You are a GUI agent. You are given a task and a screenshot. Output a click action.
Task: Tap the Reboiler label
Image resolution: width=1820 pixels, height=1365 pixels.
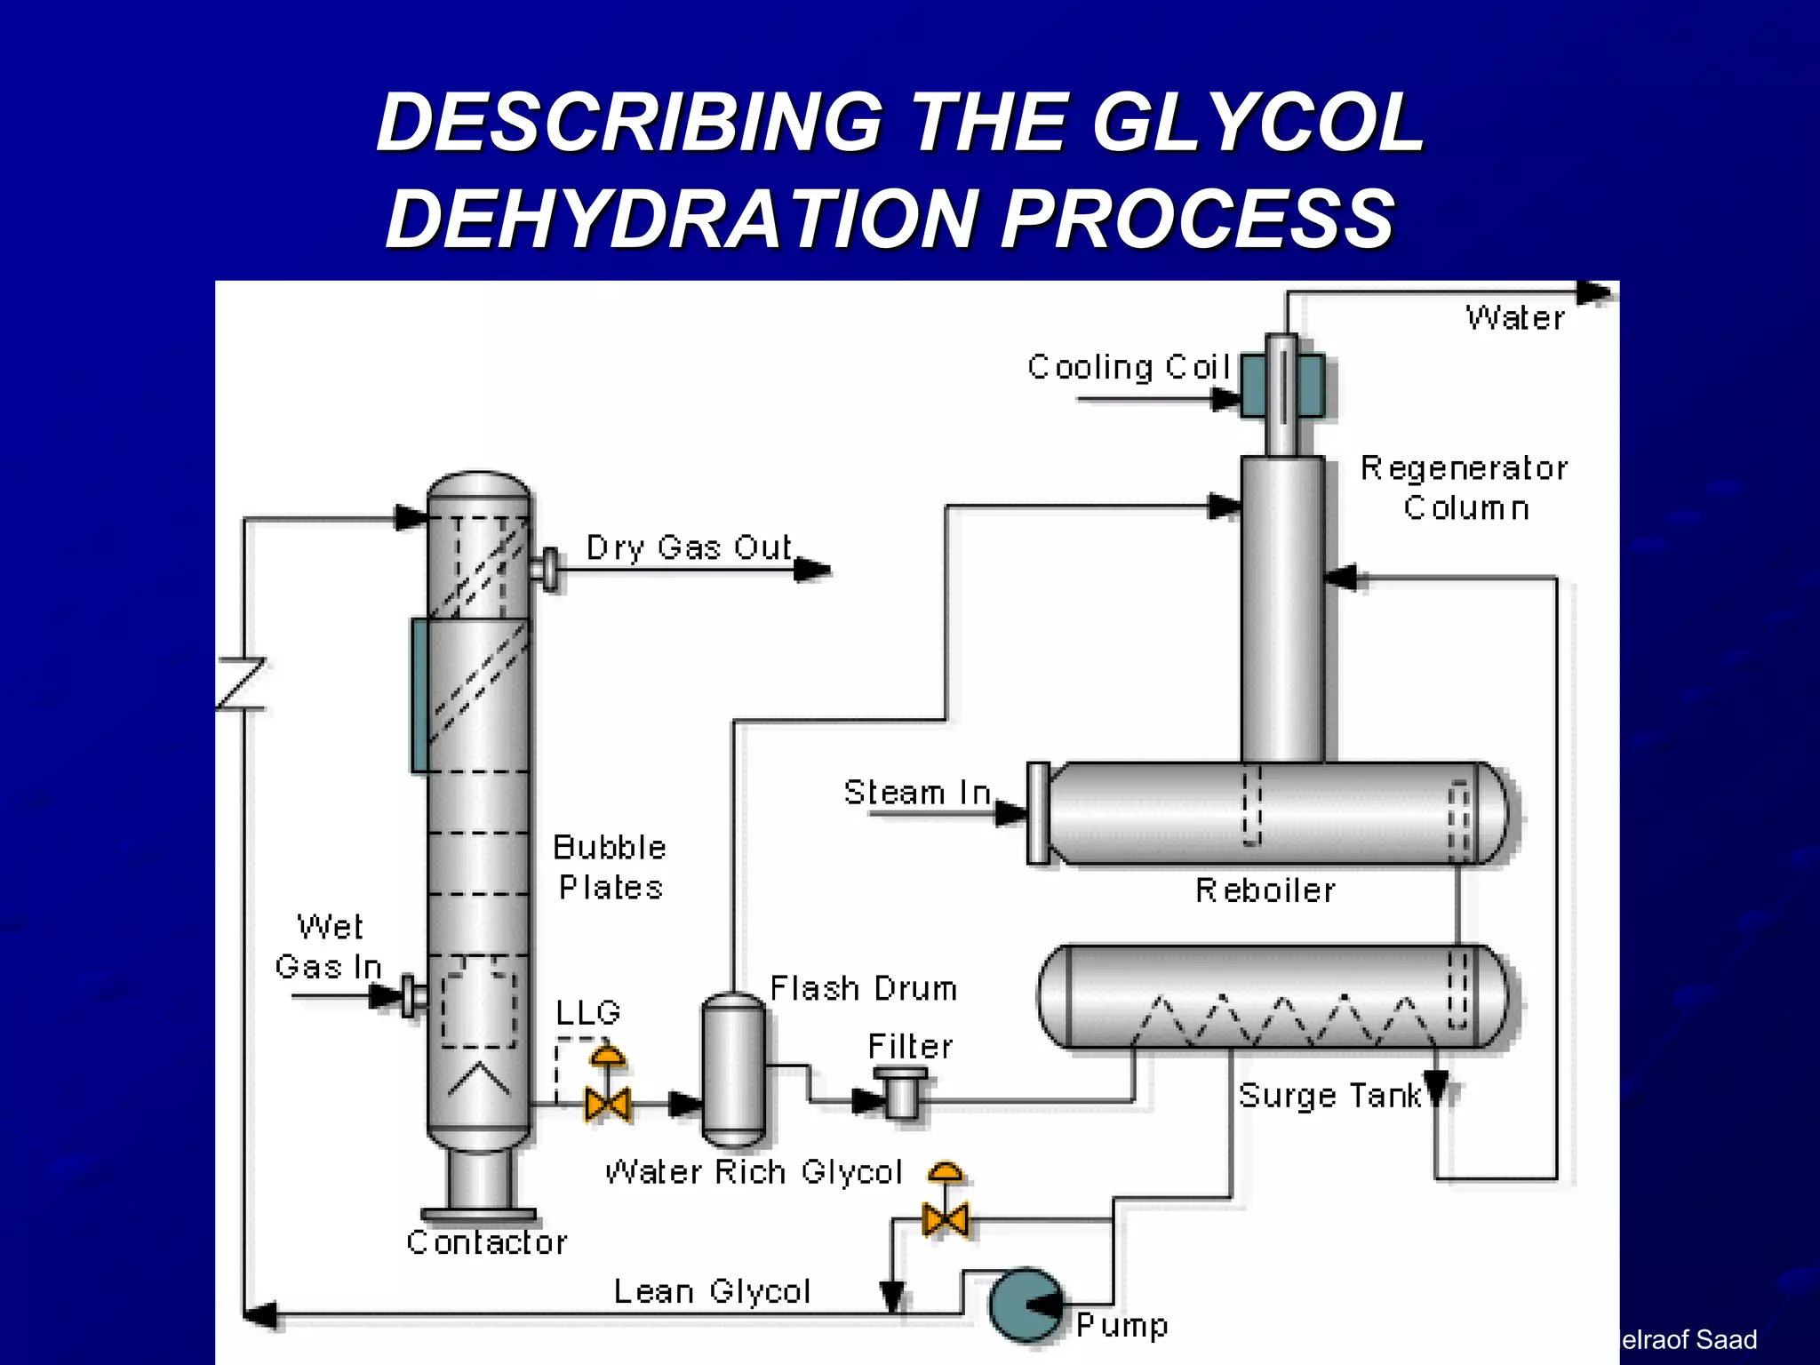coord(1265,890)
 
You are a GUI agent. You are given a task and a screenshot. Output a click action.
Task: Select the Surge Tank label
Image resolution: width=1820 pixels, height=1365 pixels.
coord(1329,1096)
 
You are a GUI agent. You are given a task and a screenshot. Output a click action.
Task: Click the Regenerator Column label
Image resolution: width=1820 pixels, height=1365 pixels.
coord(1465,488)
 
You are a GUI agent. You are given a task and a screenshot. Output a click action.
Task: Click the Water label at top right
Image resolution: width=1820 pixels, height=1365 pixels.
coord(1515,318)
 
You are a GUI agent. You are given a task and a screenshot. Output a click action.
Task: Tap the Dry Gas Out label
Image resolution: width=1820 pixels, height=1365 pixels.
coord(689,547)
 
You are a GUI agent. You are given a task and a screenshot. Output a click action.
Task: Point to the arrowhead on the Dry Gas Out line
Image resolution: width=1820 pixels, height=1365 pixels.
coord(812,570)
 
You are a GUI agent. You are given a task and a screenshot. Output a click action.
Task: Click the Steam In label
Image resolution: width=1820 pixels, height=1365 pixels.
coord(917,792)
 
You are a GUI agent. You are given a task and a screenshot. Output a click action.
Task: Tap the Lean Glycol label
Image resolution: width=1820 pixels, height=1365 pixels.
coord(712,1291)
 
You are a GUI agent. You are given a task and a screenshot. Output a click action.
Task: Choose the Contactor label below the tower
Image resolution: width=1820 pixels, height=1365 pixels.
coord(487,1242)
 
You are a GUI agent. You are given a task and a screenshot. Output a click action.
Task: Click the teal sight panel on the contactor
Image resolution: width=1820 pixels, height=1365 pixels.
coord(419,695)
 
